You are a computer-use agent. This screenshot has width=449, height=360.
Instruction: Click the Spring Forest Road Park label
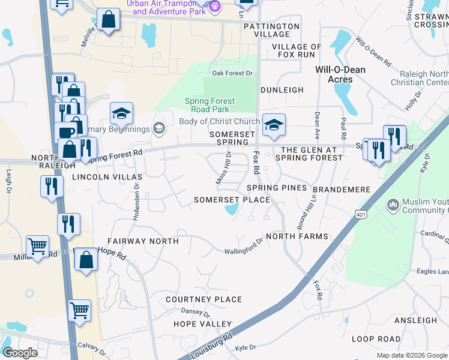pyautogui.click(x=209, y=105)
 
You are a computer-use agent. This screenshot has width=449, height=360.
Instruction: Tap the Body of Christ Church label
pyautogui.click(x=219, y=122)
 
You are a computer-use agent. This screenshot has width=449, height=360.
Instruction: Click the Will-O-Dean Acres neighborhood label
pyautogui.click(x=340, y=74)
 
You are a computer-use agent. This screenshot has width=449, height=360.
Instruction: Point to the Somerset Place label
pyautogui.click(x=232, y=200)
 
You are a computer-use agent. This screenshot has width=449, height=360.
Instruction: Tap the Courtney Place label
pyautogui.click(x=203, y=299)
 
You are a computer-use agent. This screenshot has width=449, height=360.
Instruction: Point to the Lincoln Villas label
pyautogui.click(x=107, y=177)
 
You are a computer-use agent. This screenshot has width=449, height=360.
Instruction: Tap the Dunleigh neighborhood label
pyautogui.click(x=282, y=90)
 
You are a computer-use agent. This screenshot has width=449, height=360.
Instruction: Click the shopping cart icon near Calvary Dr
pyautogui.click(x=79, y=310)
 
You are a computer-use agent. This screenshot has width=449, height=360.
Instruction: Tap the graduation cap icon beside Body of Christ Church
pyautogui.click(x=273, y=125)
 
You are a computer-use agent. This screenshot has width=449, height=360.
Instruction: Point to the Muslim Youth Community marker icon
pyautogui.click(x=393, y=205)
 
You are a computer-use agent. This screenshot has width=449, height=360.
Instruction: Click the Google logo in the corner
pyautogui.click(x=20, y=353)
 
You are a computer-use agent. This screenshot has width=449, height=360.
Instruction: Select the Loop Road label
pyautogui.click(x=376, y=339)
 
